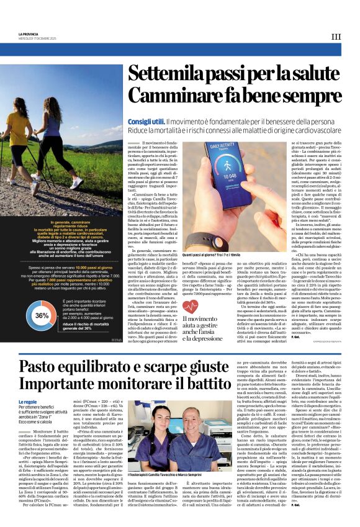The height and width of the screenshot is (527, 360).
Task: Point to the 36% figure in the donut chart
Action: click(x=42, y=315)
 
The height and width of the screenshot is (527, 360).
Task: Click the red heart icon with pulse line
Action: click(x=191, y=304)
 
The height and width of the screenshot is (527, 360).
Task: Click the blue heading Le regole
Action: click(x=28, y=402)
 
